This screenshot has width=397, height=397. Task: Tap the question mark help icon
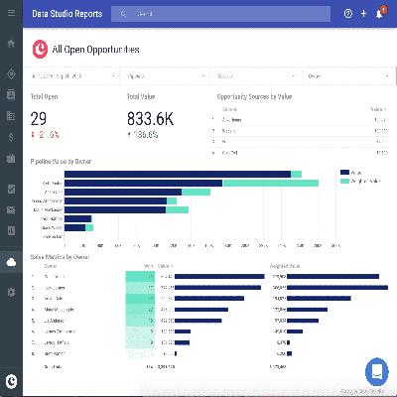[x=348, y=14]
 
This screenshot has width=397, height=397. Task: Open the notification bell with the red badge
[x=378, y=14]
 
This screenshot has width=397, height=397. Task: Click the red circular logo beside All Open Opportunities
[x=40, y=48]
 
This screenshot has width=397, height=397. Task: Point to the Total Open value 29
[x=40, y=118]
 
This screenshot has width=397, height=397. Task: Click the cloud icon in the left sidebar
[x=11, y=262]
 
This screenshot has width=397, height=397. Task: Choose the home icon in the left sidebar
[x=11, y=44]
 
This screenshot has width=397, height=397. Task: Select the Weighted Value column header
[x=288, y=265]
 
